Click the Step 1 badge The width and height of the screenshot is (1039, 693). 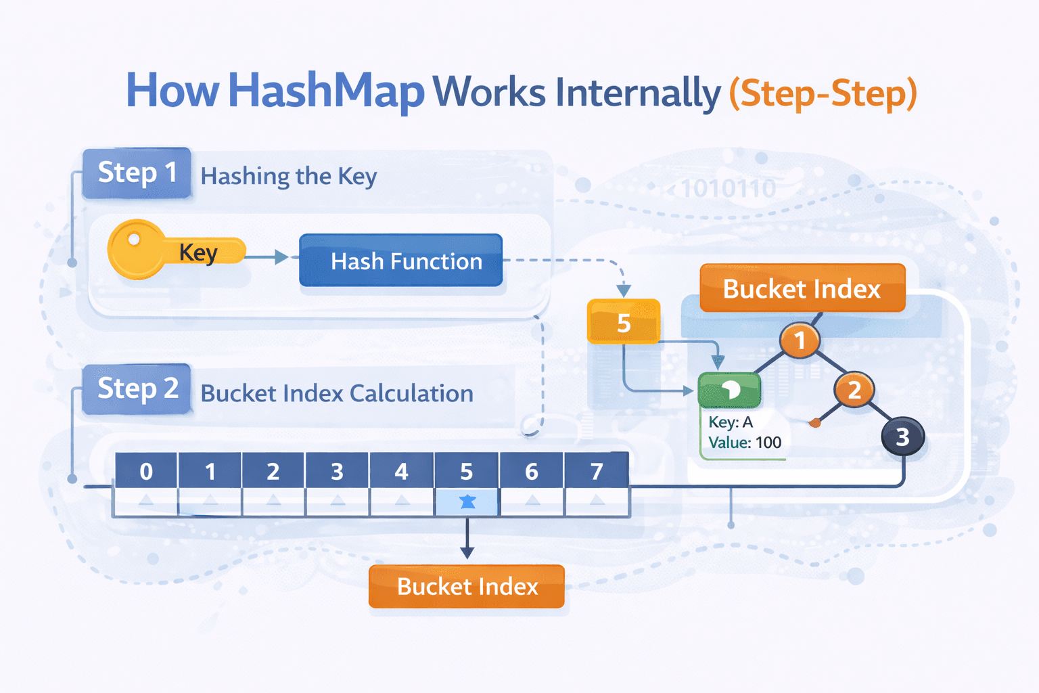tap(137, 173)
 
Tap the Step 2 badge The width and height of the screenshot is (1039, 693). tap(137, 389)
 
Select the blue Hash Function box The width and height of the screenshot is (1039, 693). tap(400, 261)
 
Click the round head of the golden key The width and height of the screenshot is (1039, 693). tap(135, 248)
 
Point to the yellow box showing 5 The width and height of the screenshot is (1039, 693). tap(623, 322)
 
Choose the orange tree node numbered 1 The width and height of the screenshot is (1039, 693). tap(800, 340)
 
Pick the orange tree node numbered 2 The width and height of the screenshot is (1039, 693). tap(854, 390)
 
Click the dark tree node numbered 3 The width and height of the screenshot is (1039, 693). tap(902, 437)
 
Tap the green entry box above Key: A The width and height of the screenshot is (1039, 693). tap(729, 390)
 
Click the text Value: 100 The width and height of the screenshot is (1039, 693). tap(744, 443)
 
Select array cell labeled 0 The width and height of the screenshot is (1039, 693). tap(146, 471)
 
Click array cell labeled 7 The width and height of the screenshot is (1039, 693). tap(596, 471)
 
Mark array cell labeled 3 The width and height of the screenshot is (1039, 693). tap(337, 471)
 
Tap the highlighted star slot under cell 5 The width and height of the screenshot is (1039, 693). tap(467, 501)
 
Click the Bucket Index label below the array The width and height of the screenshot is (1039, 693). tap(467, 586)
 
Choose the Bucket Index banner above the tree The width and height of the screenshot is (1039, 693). tap(802, 288)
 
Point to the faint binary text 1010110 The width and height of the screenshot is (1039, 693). tap(728, 189)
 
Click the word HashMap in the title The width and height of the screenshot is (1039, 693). tap(326, 91)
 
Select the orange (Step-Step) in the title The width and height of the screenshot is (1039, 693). tap(823, 93)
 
